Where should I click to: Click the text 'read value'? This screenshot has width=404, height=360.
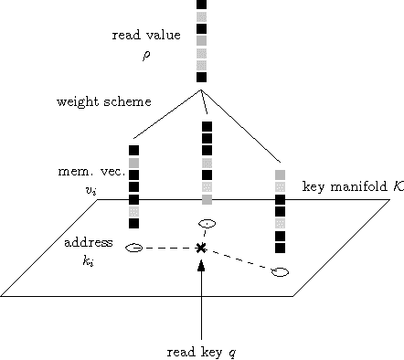[x=145, y=36]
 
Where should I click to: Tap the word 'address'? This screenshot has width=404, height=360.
[x=89, y=243]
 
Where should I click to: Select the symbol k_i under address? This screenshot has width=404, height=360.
[x=89, y=261]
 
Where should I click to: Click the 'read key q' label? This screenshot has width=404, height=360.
[x=201, y=350]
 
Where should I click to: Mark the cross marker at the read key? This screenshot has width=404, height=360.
[x=201, y=248]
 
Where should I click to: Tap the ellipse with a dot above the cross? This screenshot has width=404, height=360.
[x=207, y=223]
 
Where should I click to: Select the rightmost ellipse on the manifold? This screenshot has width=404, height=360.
[x=281, y=271]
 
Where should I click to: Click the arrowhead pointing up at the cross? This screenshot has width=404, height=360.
[x=201, y=263]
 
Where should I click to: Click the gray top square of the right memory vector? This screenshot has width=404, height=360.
[x=281, y=174]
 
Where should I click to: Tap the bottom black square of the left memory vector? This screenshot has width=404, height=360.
[x=133, y=223]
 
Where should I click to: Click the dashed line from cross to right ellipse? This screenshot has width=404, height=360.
[x=239, y=259]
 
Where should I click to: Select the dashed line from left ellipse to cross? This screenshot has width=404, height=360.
[x=168, y=248]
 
